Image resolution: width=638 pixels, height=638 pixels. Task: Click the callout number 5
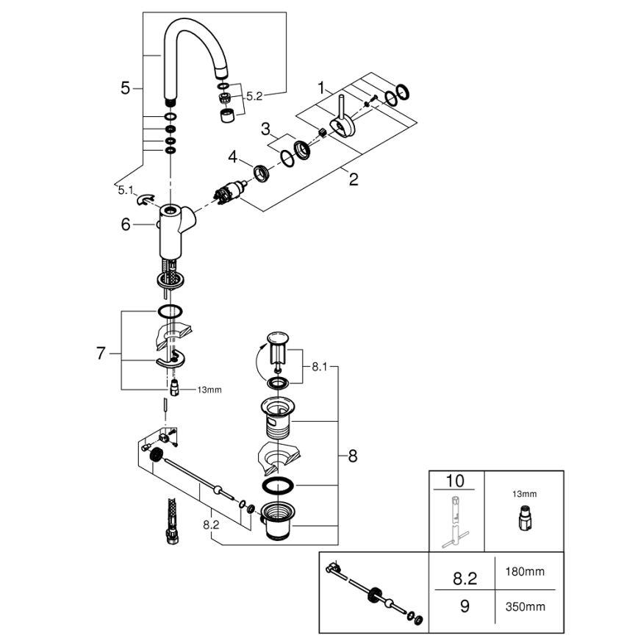point(126,88)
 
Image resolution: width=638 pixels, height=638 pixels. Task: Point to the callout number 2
point(354,179)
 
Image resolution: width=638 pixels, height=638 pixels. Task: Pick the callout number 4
point(233,157)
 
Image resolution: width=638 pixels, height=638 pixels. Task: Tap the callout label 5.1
point(126,190)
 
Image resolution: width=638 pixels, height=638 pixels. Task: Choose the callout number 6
point(126,225)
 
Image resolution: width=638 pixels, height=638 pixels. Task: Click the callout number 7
point(102,354)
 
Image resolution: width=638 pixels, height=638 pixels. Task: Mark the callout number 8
point(352,456)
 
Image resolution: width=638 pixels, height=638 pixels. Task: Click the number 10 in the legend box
point(456,482)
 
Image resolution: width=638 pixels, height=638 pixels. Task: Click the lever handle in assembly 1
point(343,118)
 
